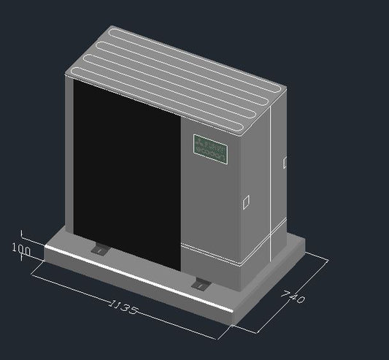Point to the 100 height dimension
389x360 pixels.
pos(21,250)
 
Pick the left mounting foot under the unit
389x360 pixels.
pos(98,250)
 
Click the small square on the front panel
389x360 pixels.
pos(246,199)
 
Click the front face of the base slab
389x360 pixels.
pos(131,289)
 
